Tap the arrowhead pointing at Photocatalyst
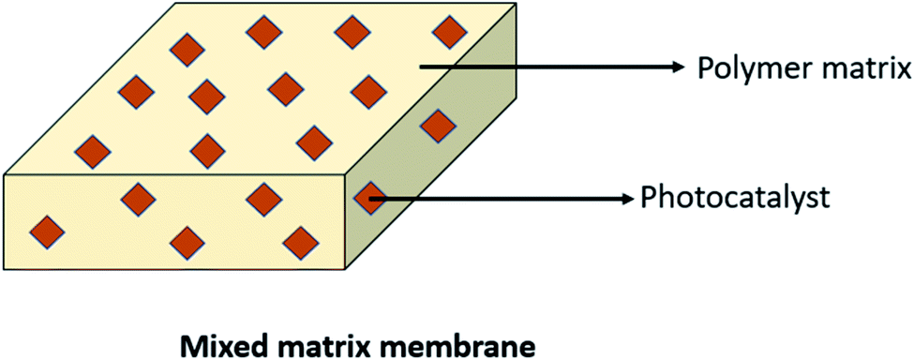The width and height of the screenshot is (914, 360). [625, 198]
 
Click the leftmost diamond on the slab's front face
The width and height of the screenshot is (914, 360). [49, 232]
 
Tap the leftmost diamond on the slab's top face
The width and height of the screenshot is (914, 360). [92, 150]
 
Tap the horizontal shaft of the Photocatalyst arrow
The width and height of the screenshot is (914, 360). [497, 198]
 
